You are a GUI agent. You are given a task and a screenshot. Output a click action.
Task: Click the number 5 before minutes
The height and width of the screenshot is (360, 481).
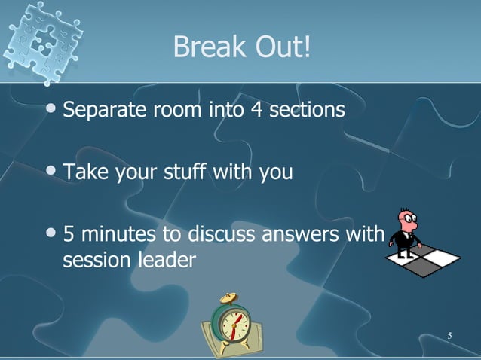pyautogui.click(x=69, y=236)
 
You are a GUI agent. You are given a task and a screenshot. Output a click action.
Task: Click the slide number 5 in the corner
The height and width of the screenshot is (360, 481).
pyautogui.click(x=449, y=335)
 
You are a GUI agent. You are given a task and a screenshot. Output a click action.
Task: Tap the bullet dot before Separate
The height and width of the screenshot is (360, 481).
pyautogui.click(x=51, y=111)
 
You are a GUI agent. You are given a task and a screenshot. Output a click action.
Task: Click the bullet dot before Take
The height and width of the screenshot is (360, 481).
pyautogui.click(x=51, y=172)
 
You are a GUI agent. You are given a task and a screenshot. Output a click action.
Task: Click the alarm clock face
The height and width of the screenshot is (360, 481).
pyautogui.click(x=231, y=323)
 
